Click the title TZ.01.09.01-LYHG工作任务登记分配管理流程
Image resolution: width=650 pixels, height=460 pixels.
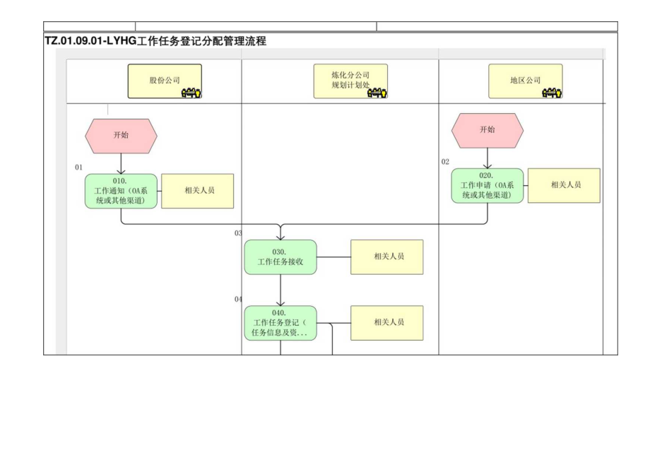point(155,42)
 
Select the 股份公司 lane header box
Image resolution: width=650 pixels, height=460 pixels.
point(165,81)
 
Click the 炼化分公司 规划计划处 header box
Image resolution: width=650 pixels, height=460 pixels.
point(350,81)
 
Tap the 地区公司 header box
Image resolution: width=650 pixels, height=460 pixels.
point(525,81)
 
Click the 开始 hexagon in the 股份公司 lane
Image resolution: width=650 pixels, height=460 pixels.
point(121,136)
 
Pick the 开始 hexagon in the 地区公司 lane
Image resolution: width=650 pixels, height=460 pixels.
point(487,130)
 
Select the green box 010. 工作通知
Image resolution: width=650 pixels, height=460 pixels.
point(121,191)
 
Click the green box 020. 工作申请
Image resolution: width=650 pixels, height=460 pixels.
point(487,186)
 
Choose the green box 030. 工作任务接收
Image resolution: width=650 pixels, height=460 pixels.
point(280,257)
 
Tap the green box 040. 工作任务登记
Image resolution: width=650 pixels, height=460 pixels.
point(280,323)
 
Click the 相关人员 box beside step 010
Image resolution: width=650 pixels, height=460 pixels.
point(198,191)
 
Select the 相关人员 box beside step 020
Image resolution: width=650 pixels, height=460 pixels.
point(564,185)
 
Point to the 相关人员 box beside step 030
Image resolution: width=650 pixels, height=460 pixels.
point(387,257)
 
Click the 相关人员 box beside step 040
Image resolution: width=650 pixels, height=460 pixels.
point(387,323)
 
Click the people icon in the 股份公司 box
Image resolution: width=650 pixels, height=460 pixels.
point(191,93)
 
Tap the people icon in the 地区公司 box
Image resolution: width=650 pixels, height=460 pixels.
point(551,93)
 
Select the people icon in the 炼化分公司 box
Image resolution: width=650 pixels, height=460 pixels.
point(377,93)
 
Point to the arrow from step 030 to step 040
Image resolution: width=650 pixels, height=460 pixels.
point(280,290)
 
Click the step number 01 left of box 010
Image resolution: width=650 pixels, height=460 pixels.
point(79,167)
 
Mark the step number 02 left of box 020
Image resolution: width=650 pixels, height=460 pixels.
point(445,162)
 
